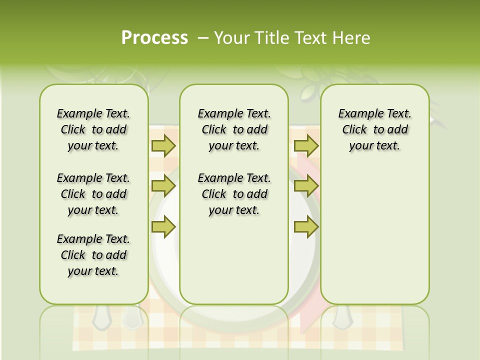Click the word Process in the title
(x=154, y=38)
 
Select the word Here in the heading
(x=351, y=38)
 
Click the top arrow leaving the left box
(x=163, y=146)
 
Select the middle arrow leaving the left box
(x=163, y=186)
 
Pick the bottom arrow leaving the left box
(x=163, y=227)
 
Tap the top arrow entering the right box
(x=306, y=146)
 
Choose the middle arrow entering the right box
(x=306, y=186)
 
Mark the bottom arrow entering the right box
(x=306, y=227)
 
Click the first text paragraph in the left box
(x=93, y=129)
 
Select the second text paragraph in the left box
(x=93, y=194)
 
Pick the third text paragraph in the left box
(x=93, y=255)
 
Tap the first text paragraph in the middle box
(x=234, y=129)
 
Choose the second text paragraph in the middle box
(x=234, y=194)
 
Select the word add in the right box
(x=398, y=130)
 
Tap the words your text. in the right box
(x=374, y=146)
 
